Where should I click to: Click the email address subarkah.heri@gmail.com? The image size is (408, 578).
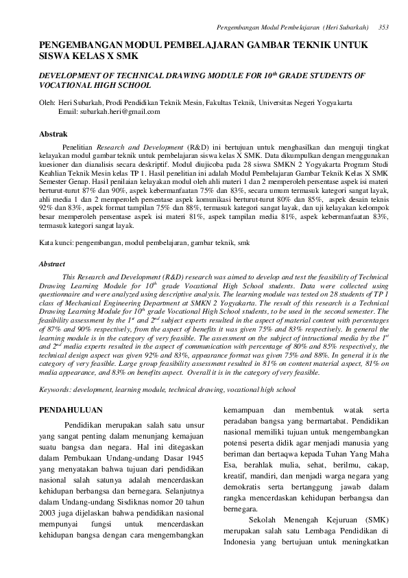click(110, 111)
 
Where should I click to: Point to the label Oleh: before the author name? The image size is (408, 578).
click(47, 102)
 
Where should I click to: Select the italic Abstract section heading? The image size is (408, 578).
click(52, 263)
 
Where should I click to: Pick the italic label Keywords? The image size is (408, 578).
click(58, 389)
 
